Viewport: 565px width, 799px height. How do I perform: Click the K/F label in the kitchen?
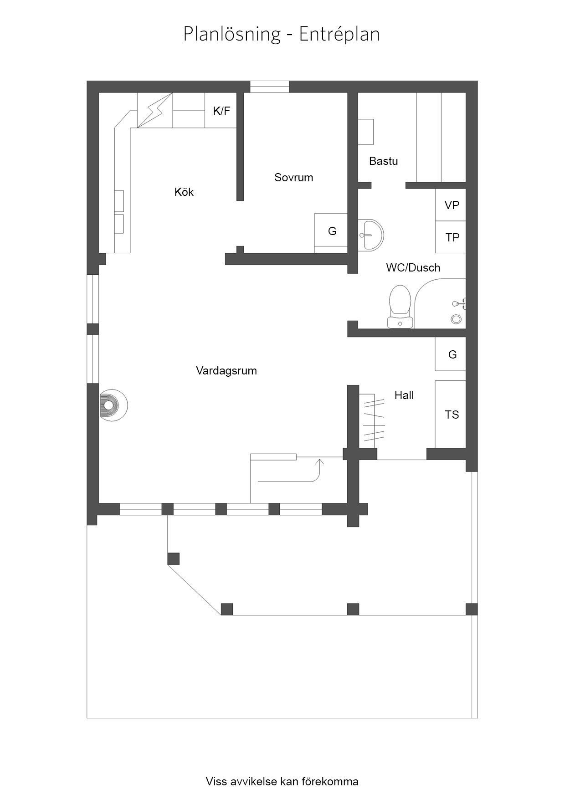click(x=222, y=111)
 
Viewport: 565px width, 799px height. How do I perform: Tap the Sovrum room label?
click(x=293, y=177)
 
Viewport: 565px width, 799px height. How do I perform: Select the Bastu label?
click(x=383, y=161)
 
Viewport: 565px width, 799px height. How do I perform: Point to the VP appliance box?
click(x=451, y=205)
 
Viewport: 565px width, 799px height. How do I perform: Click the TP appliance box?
click(x=451, y=237)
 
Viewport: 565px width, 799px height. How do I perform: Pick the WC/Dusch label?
click(x=413, y=267)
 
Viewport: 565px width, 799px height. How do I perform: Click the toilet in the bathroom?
click(x=401, y=306)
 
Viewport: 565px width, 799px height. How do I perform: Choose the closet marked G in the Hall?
click(x=451, y=354)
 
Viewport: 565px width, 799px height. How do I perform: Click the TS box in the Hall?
click(x=451, y=414)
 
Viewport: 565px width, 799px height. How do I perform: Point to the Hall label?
click(x=404, y=395)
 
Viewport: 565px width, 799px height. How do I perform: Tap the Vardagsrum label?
click(x=226, y=370)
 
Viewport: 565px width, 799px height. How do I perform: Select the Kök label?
click(x=184, y=192)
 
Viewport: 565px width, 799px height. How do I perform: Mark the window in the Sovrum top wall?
click(x=270, y=87)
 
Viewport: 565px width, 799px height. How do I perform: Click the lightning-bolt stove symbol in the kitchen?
click(x=155, y=111)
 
